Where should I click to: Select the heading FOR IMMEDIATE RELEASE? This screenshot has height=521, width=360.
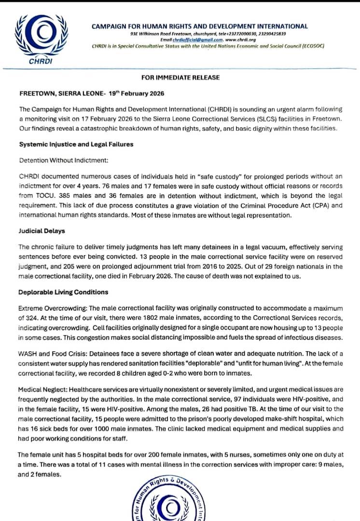click(x=180, y=77)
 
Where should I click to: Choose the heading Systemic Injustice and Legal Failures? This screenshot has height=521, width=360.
click(x=76, y=144)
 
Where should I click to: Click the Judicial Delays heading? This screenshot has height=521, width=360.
click(x=42, y=231)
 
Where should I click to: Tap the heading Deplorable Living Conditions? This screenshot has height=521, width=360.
click(x=63, y=292)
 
